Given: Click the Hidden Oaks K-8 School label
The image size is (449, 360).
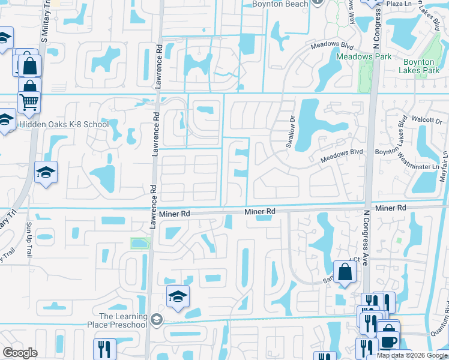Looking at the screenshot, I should click(64, 125).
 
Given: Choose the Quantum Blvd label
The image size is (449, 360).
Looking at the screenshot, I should click(442, 327).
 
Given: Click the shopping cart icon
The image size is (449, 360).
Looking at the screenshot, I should click(29, 102).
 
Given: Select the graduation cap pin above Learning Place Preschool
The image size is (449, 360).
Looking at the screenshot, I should click(178, 296).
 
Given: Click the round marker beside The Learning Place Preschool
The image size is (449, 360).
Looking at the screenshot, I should click(157, 319).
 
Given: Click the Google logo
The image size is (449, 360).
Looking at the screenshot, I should click(20, 353).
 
